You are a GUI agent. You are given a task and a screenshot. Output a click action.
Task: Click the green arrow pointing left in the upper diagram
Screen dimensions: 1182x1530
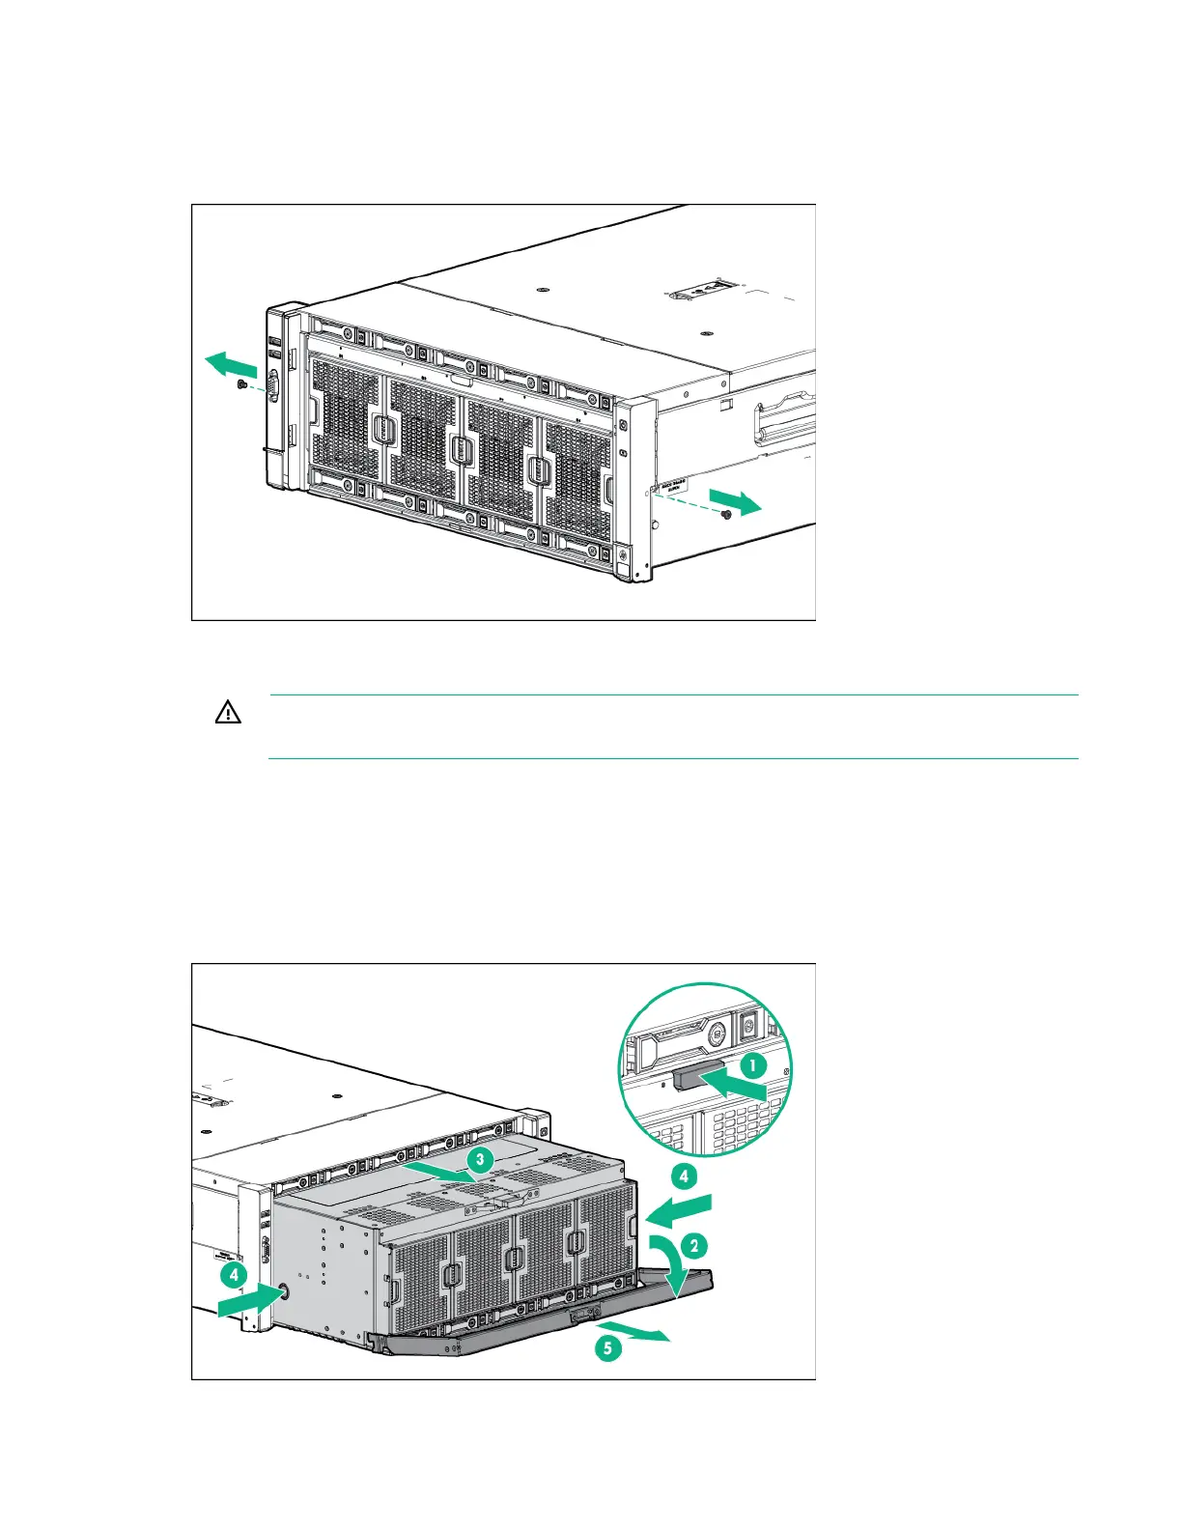click(230, 365)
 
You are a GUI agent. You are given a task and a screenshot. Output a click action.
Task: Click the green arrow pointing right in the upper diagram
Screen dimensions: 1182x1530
click(736, 500)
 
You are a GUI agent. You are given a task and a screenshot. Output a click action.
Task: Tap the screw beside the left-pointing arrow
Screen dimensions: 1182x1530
click(241, 384)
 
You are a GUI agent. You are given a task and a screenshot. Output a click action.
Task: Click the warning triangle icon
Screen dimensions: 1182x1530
click(227, 714)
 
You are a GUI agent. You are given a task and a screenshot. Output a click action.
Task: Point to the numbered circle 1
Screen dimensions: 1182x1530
click(752, 1066)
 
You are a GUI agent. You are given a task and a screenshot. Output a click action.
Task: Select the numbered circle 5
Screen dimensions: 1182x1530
click(607, 1348)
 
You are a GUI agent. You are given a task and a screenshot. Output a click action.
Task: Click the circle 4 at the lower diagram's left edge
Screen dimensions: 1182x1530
click(234, 1275)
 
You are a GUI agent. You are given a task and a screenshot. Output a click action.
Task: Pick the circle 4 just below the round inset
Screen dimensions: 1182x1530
click(684, 1176)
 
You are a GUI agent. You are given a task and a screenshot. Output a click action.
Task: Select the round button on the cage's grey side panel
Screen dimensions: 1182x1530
click(283, 1291)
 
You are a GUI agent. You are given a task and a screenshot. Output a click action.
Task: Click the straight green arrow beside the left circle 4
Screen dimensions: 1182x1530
click(246, 1301)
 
